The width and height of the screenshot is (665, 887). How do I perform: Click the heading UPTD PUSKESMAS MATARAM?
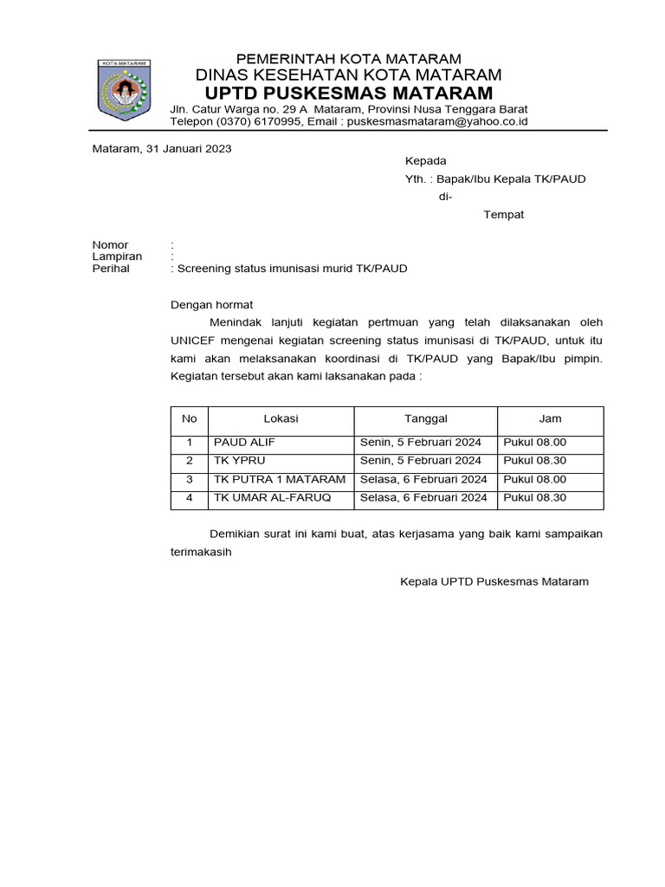coord(349,93)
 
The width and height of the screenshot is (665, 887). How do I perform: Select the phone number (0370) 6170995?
coord(258,122)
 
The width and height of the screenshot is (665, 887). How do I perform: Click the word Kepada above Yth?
coord(426,161)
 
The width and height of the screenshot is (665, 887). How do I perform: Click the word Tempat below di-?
coord(503,214)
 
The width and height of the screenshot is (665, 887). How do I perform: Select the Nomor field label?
coord(110,246)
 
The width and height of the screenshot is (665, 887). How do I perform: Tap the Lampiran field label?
coord(117,257)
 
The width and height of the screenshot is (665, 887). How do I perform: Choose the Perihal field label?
coord(111,269)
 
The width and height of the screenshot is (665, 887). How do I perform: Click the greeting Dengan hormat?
coord(211,305)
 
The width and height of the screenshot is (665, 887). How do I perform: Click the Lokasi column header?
coord(281,418)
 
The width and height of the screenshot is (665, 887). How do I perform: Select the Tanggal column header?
coord(426,418)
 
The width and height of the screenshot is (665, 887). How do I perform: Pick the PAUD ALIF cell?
coord(244,443)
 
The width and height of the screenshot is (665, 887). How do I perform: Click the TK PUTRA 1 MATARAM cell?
coord(279,479)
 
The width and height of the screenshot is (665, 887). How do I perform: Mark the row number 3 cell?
coord(189,479)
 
